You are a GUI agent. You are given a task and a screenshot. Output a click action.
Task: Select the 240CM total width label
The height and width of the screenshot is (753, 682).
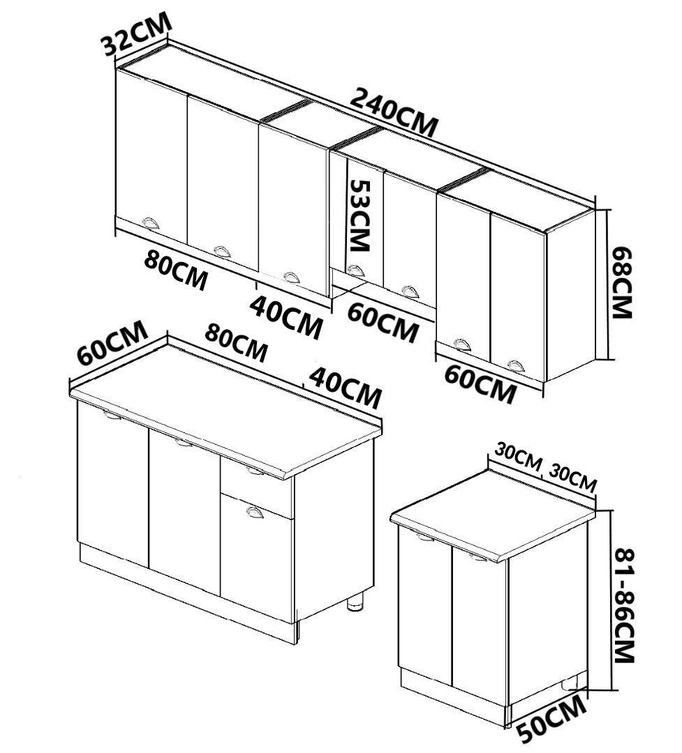[394, 112]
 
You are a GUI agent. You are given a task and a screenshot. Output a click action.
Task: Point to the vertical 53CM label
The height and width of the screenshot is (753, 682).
[359, 215]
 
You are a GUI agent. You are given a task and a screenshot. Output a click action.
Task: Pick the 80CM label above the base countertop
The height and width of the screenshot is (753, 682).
[235, 342]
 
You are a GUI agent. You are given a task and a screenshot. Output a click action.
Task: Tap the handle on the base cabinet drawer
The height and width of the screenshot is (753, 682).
[255, 472]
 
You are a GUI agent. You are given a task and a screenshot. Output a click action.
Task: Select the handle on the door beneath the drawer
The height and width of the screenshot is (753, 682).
[255, 512]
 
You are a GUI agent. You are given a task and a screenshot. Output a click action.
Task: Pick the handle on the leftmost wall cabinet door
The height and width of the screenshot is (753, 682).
[151, 222]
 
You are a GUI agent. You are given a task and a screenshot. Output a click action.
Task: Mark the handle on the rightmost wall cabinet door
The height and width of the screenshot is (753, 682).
[515, 365]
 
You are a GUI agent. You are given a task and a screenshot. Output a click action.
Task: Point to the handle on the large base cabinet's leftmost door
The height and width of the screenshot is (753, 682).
[112, 416]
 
